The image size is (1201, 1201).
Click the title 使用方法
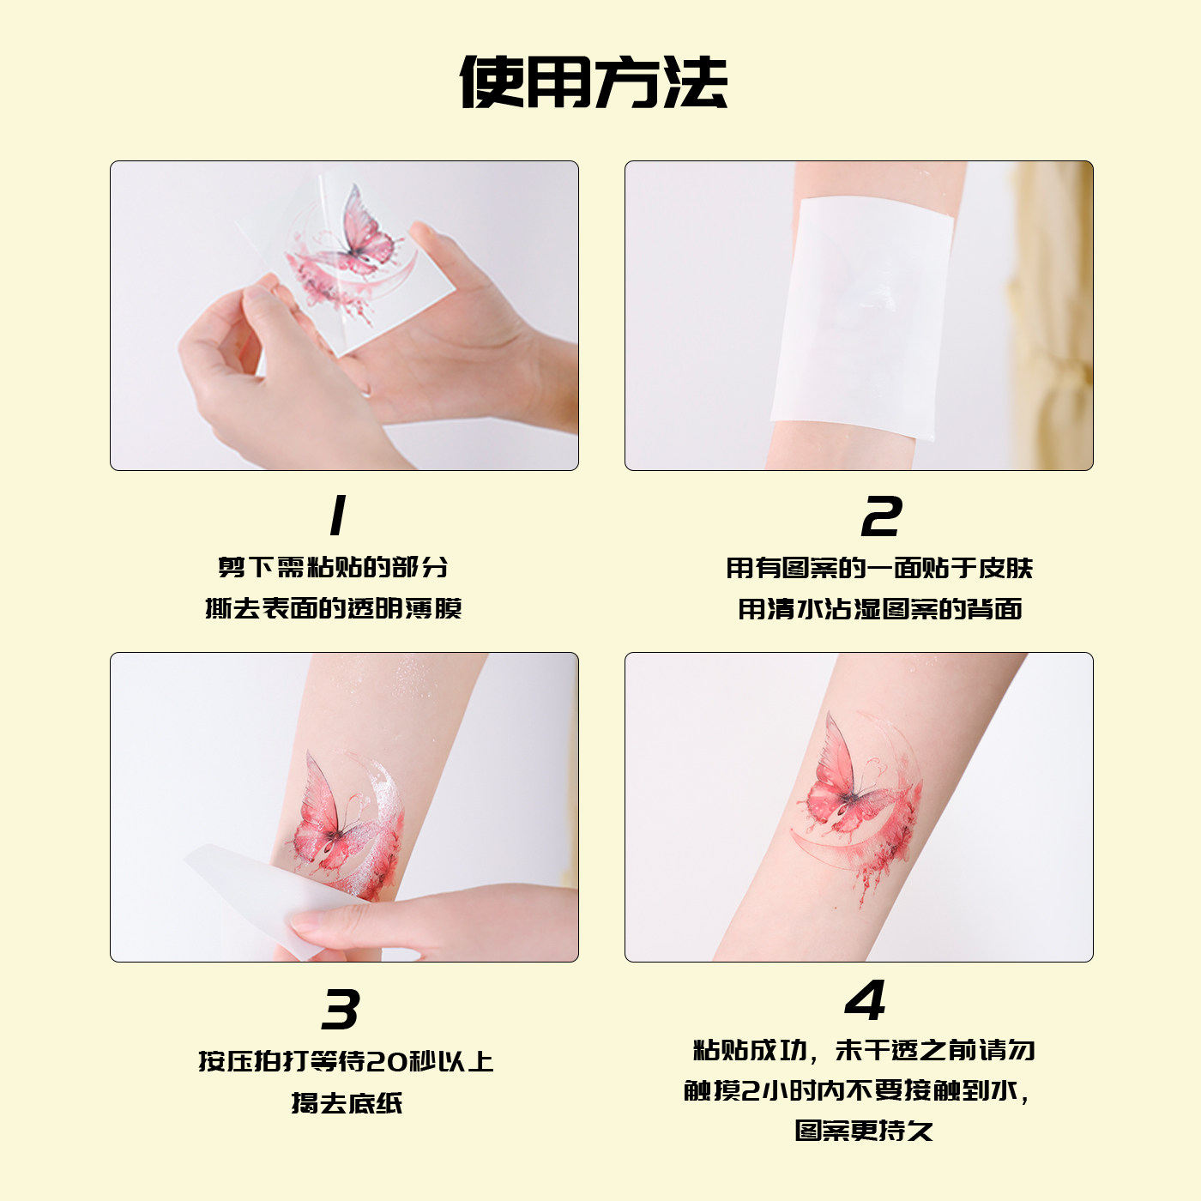594,83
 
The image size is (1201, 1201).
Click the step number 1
338,516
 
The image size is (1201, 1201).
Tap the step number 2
881,516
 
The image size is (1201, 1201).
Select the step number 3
341,1010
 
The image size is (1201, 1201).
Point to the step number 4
865,1000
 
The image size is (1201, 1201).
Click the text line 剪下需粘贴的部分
333,567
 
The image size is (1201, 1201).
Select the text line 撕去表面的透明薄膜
333,608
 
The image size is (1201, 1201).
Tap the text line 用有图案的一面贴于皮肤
879,568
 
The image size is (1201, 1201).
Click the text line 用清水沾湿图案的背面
879,609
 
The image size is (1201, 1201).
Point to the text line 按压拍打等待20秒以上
346,1061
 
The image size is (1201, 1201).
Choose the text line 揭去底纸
346,1102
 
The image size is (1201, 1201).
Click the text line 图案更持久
863,1131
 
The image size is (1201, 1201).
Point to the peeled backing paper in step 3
257,892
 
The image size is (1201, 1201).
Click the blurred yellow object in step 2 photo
1051,317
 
